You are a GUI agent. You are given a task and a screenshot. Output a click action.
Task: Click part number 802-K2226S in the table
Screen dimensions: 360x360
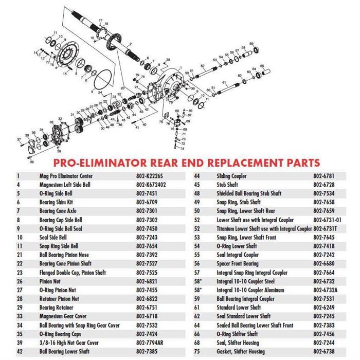coord(151,175)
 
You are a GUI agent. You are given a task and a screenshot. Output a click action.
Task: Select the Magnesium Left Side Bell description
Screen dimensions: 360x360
coord(66,184)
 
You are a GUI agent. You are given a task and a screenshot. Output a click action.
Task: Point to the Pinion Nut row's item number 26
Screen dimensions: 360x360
coord(20,281)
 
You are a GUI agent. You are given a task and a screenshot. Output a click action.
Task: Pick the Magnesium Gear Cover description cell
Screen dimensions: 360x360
coord(63,316)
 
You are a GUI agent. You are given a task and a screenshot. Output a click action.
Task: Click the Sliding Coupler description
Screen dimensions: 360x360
coord(231,175)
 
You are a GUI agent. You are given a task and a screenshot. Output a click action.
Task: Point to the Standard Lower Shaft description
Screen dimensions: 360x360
coord(239,308)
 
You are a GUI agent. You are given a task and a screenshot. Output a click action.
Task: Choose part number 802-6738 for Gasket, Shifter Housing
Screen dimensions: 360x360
coord(323,352)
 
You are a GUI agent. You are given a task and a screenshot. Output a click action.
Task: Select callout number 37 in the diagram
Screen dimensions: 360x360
coord(19,139)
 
